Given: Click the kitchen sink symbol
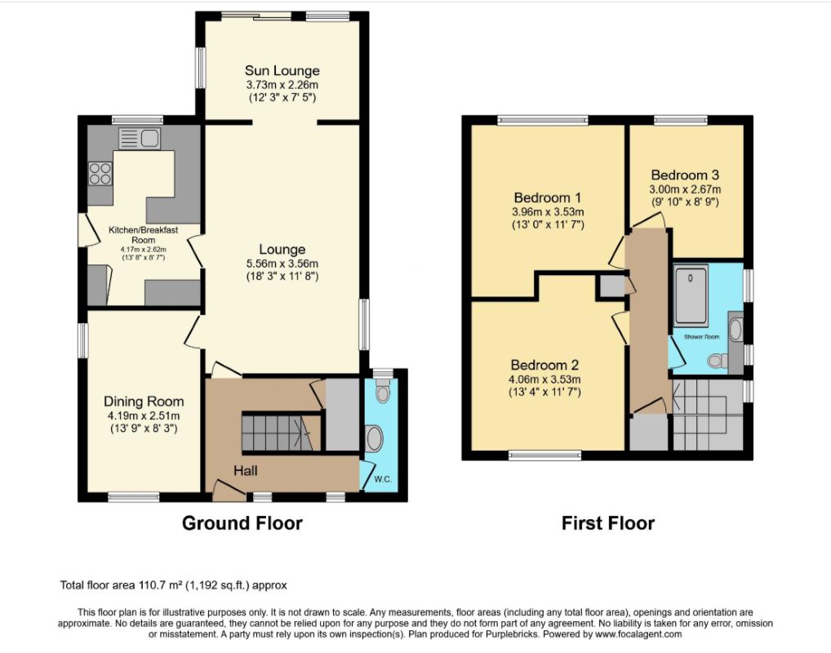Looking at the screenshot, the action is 140,139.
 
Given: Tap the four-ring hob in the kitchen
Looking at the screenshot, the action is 100,173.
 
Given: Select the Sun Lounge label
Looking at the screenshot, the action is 282,70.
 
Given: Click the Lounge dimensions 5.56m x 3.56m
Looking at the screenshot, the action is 282,264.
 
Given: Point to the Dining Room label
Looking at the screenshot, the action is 144,402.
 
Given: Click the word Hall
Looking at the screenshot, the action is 246,471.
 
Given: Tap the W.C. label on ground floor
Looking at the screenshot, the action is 383,480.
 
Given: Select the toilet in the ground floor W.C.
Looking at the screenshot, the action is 382,391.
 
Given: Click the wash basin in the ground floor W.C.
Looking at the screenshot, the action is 374,439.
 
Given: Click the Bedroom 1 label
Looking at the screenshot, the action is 548,198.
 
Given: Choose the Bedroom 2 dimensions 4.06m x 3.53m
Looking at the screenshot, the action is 544,380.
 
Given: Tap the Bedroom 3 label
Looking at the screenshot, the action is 685,175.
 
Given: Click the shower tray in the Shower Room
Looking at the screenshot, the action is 691,295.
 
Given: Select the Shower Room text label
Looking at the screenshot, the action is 702,337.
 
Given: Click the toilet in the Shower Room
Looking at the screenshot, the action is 718,361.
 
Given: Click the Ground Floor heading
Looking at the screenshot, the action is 242,523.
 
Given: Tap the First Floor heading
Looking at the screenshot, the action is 608,523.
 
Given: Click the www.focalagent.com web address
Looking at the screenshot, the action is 638,634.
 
